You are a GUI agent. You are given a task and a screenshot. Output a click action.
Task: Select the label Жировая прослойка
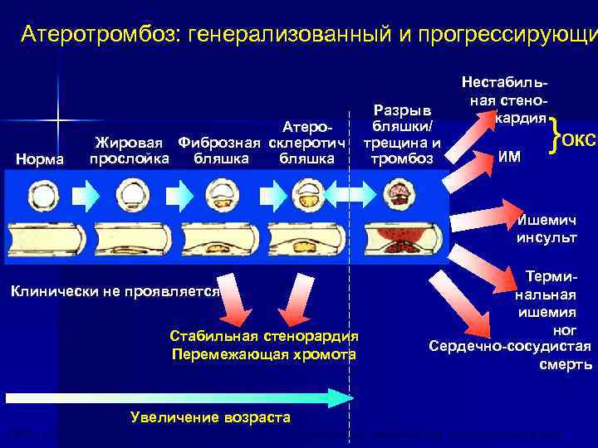coord(130,151)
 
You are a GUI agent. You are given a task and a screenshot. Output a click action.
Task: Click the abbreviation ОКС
coord(579,139)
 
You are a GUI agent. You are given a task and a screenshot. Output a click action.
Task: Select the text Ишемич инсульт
coord(547,229)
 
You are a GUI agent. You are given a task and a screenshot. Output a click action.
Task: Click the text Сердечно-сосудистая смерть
coord(510,354)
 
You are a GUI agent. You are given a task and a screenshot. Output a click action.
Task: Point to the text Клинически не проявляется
coord(114,291)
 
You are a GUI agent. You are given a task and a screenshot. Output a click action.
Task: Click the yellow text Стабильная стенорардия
coord(263,336)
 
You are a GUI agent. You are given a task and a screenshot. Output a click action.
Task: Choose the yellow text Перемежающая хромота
coord(263,354)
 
